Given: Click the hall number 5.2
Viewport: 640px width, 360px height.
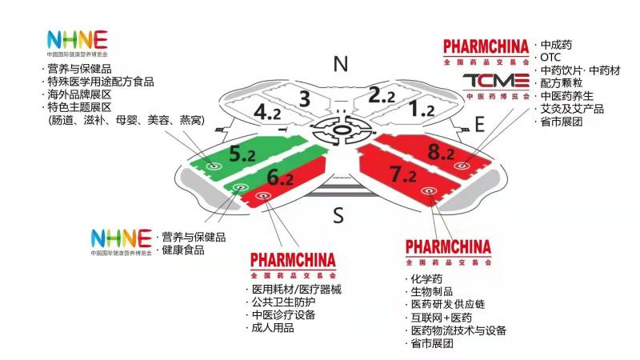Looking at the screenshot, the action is click(242, 154).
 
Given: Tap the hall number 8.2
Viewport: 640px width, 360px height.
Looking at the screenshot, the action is click(441, 152).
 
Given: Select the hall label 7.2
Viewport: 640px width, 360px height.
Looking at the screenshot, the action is click(403, 174).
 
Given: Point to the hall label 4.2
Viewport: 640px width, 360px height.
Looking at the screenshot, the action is click(267, 112).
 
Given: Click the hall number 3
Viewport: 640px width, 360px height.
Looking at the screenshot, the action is click(305, 98).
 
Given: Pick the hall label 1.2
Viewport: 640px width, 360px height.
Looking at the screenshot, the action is click(422, 109).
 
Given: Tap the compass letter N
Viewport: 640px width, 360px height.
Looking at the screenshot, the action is click(341, 64).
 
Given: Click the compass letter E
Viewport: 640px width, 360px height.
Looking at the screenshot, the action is click(479, 124).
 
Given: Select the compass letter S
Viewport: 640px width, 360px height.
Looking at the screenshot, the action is click(338, 215).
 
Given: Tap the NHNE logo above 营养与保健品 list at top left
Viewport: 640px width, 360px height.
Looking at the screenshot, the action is click(77, 43).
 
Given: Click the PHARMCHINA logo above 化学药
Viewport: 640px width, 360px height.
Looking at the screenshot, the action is click(448, 253).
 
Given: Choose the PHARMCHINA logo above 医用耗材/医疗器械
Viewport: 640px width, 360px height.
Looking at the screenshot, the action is click(293, 266).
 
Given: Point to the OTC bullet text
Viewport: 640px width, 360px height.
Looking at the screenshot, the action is click(550, 57).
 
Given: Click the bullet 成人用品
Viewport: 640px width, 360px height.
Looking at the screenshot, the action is click(273, 328).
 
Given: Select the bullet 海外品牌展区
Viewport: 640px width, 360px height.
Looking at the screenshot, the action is click(79, 94).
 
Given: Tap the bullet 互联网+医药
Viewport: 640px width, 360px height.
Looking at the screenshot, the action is click(442, 318).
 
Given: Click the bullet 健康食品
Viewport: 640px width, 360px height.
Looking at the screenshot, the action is click(183, 250).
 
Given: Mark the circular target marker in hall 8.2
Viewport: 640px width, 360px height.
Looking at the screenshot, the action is click(462, 166).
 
